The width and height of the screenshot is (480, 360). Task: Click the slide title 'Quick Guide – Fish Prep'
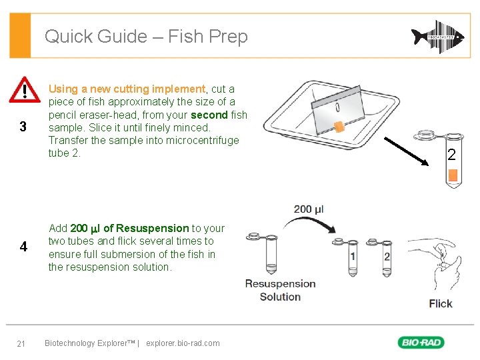point(146,36)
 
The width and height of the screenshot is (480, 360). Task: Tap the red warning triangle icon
point(25,89)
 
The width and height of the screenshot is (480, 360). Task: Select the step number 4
point(23,247)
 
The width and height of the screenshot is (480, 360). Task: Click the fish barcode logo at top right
point(437,37)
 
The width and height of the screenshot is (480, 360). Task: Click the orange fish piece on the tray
point(339,126)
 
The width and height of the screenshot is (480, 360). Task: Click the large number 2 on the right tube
point(451,156)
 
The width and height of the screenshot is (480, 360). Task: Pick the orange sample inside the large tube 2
point(453,175)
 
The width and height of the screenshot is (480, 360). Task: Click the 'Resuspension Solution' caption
point(280,290)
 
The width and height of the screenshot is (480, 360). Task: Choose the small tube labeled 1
point(352,253)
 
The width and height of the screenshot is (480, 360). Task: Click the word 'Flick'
point(440,303)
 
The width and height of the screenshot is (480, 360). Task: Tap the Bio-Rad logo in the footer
point(421,343)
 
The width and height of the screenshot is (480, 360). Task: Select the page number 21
point(21,343)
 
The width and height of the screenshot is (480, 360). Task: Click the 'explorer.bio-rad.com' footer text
point(183,343)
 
